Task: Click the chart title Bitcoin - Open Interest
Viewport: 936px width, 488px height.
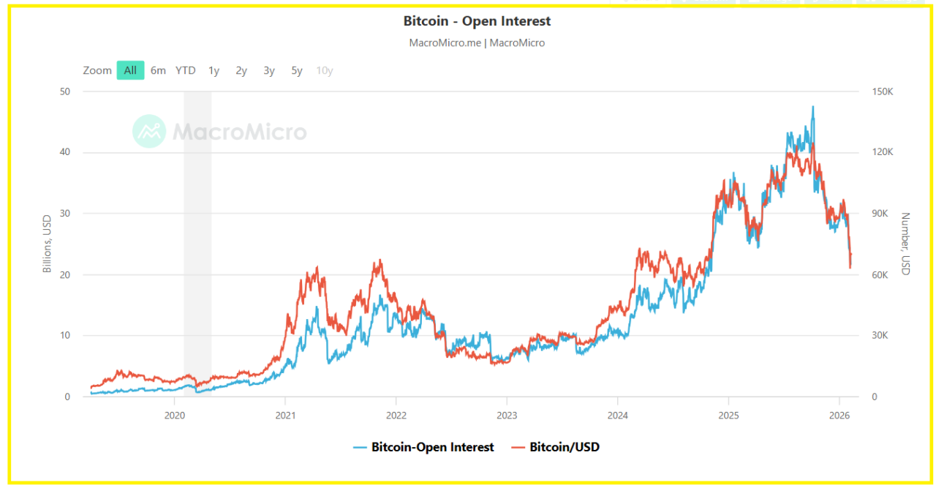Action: click(x=477, y=21)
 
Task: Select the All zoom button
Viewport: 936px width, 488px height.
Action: click(x=130, y=70)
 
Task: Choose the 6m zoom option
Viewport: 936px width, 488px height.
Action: click(x=158, y=70)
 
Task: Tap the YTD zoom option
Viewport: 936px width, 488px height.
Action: click(x=186, y=70)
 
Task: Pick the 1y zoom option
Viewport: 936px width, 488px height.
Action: click(x=214, y=70)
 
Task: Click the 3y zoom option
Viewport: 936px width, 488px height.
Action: click(x=269, y=70)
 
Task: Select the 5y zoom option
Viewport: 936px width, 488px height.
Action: click(x=297, y=70)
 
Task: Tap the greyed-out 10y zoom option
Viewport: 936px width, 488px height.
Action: click(x=325, y=70)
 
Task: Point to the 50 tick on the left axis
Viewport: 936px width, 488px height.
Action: click(x=66, y=91)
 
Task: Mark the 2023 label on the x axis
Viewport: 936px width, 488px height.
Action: click(x=507, y=416)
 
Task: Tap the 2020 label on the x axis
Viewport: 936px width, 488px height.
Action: click(x=174, y=416)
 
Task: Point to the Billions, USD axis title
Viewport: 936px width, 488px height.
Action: click(x=48, y=244)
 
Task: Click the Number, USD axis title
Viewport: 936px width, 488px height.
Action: click(x=905, y=244)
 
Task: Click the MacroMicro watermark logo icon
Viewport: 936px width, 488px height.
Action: click(x=149, y=132)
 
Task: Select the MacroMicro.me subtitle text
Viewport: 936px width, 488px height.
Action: click(x=445, y=42)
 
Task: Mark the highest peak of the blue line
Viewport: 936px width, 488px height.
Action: click(x=812, y=107)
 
